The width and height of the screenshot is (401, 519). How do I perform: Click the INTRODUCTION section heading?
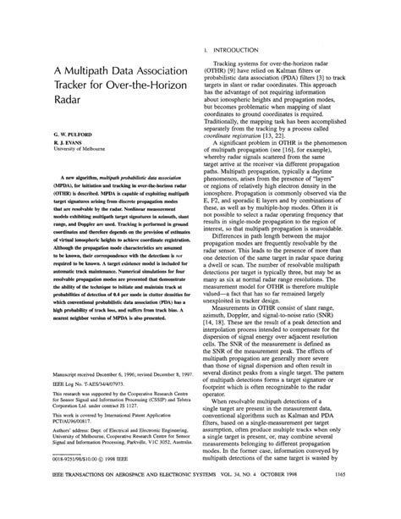tap(239, 51)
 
